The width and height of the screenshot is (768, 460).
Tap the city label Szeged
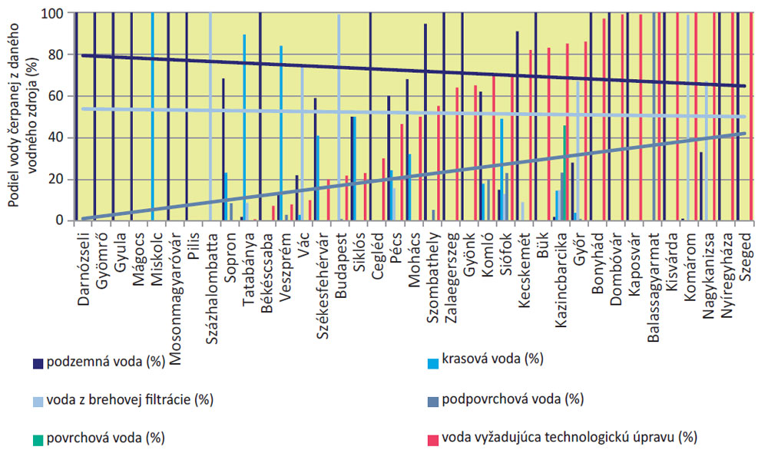[x=748, y=253]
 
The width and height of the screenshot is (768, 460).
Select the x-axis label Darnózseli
[x=84, y=268]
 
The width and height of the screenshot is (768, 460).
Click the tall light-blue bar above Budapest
[x=339, y=115]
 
